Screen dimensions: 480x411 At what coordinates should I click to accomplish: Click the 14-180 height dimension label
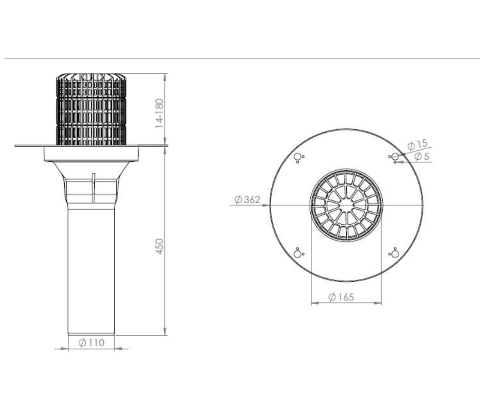pyautogui.click(x=159, y=113)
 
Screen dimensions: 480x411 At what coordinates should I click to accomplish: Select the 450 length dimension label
pyautogui.click(x=159, y=246)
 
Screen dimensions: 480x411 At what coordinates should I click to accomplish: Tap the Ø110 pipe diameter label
pyautogui.click(x=92, y=342)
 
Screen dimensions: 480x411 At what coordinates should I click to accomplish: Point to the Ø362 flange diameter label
pyautogui.click(x=247, y=200)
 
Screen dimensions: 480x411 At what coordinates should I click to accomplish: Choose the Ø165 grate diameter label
pyautogui.click(x=341, y=297)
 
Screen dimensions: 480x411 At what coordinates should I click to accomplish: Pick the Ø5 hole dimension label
pyautogui.click(x=422, y=156)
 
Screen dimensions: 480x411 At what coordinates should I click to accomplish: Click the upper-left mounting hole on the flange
pyautogui.click(x=297, y=157)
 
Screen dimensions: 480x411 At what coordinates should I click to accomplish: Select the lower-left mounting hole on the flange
pyautogui.click(x=297, y=254)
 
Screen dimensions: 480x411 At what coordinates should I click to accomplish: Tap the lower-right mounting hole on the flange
pyautogui.click(x=395, y=254)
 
